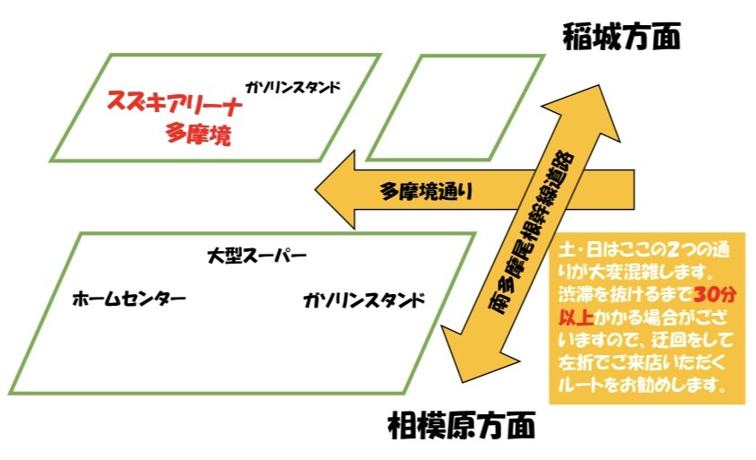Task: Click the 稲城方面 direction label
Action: click(621, 37)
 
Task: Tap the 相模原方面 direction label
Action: click(462, 424)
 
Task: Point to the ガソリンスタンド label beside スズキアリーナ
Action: click(292, 88)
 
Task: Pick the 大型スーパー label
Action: click(256, 257)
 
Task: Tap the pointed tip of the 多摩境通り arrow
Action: click(317, 191)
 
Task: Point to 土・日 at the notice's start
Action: click(584, 247)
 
